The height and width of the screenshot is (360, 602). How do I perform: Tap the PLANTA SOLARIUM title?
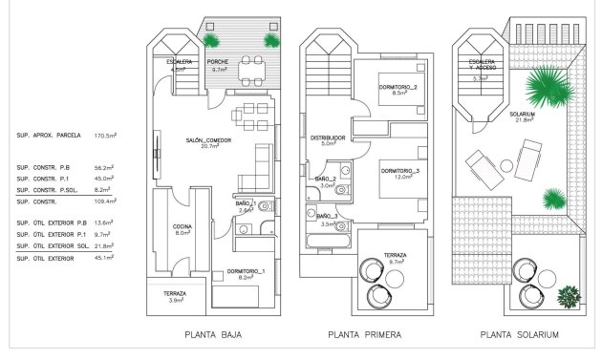[520, 335]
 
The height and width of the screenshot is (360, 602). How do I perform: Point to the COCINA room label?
[183, 228]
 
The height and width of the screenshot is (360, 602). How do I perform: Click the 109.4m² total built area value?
[104, 201]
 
